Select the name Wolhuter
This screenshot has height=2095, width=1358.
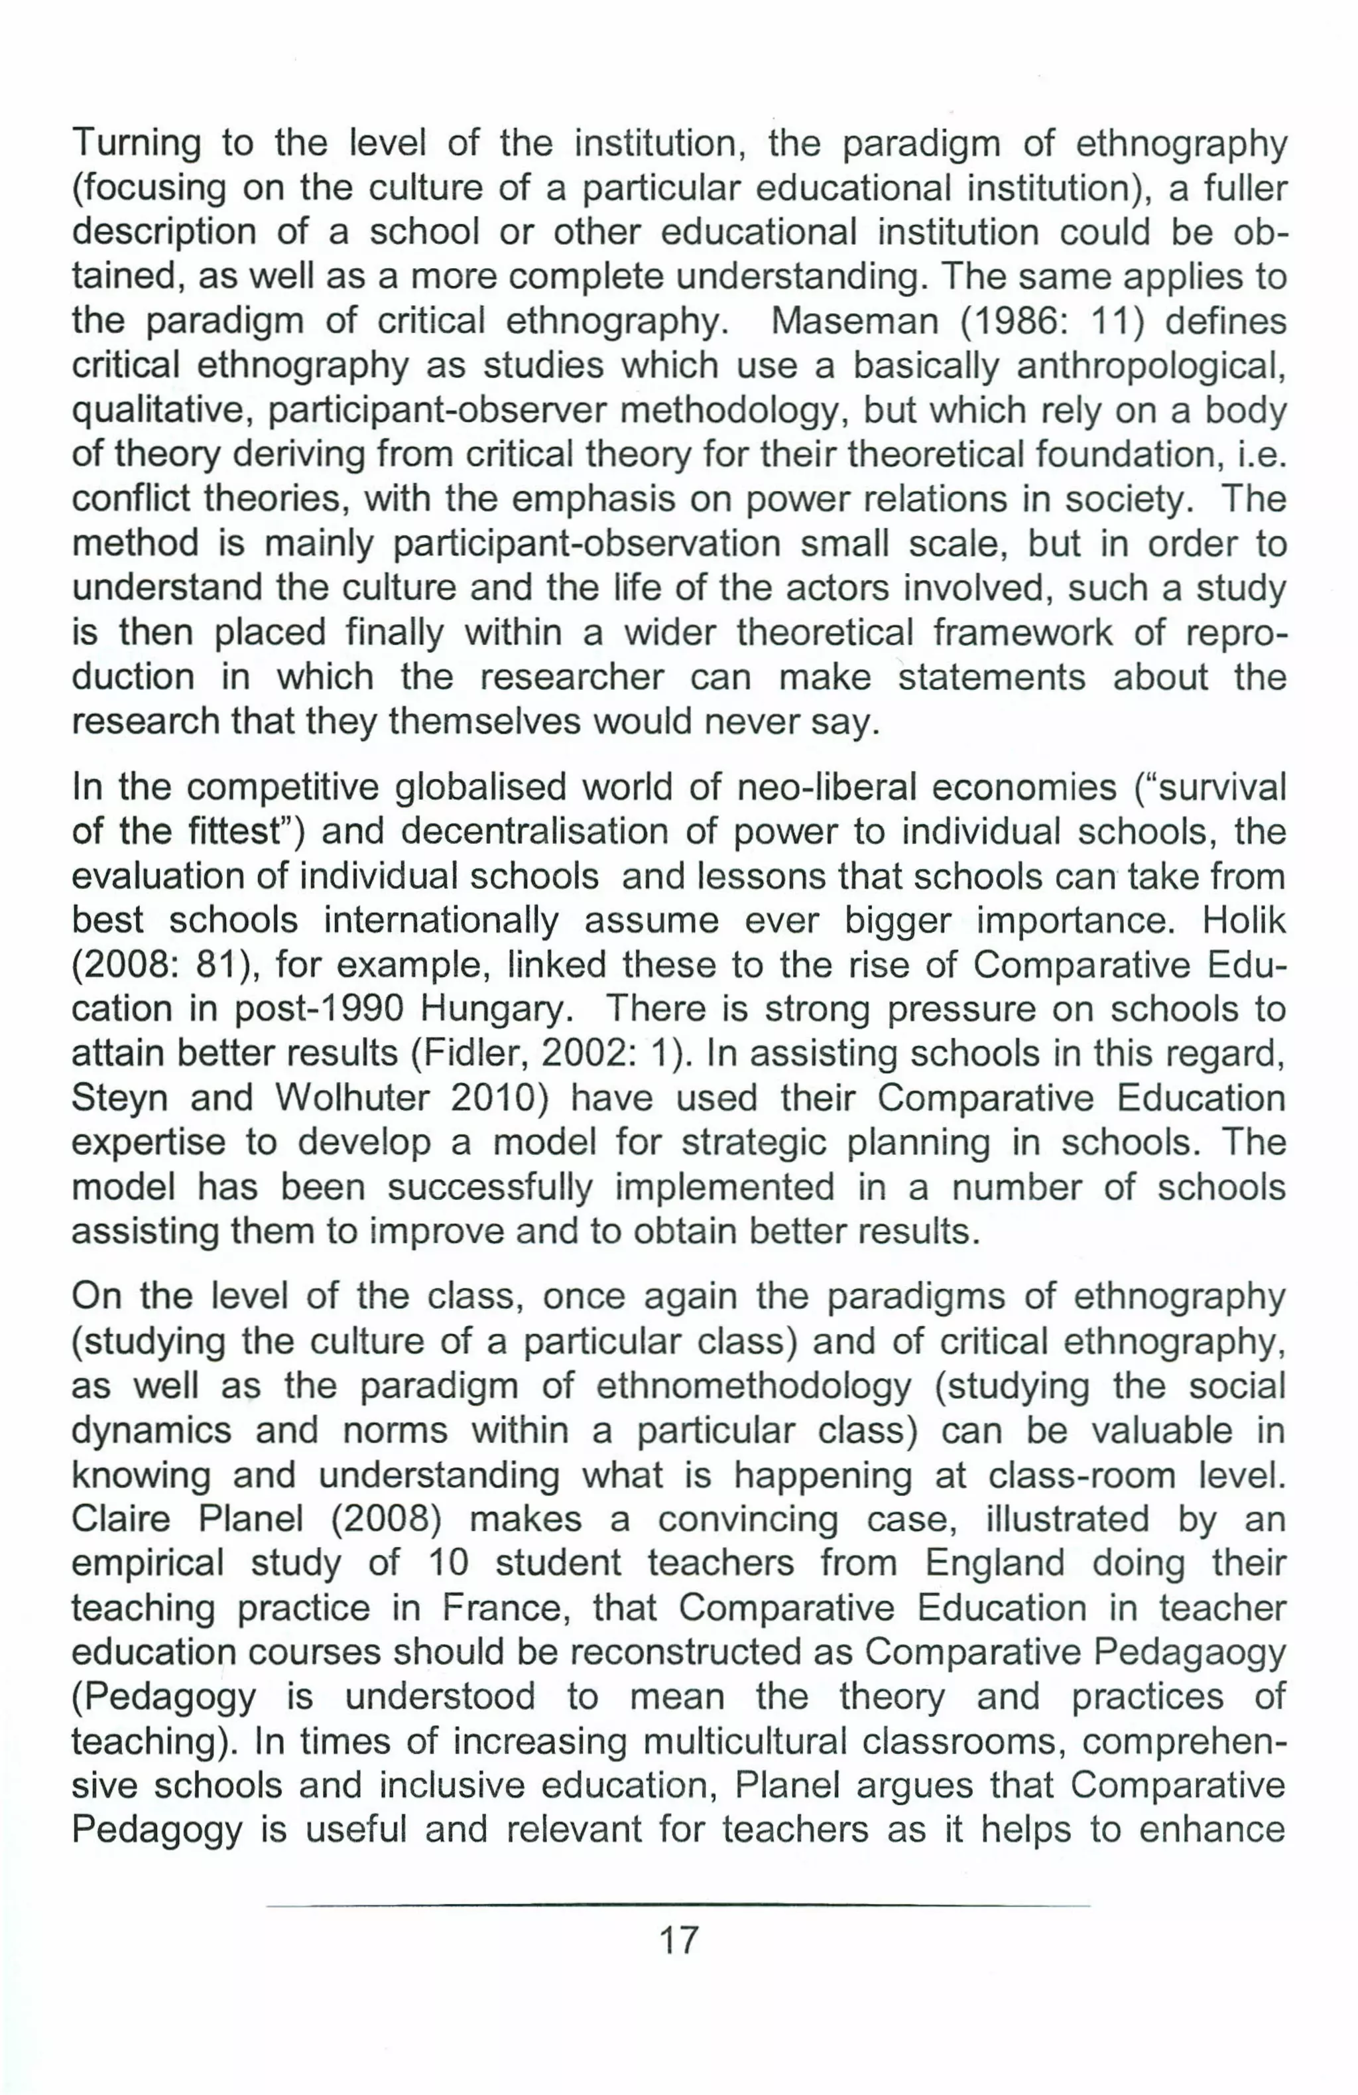353,1098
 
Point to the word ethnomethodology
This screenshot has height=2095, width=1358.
753,1386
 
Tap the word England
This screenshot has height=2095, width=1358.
995,1564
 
